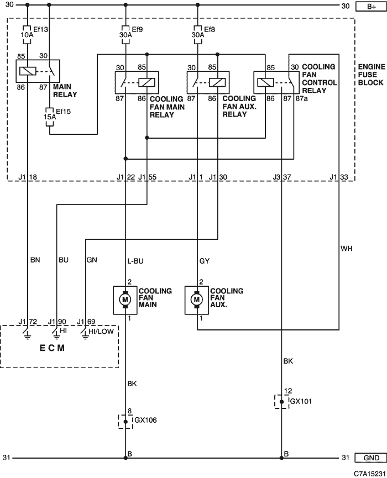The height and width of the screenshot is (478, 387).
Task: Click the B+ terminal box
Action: coord(371,7)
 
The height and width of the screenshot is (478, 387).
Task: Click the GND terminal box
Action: coord(371,458)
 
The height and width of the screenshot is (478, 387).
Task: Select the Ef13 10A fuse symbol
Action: coord(28,35)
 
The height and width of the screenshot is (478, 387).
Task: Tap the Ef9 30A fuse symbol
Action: coord(125,35)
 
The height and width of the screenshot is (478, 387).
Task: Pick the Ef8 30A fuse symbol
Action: coord(197,35)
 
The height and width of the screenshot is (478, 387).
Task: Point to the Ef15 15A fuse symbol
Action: coord(50,117)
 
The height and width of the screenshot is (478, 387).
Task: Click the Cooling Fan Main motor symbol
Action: coord(125,300)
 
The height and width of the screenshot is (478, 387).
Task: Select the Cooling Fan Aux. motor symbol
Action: coord(197,300)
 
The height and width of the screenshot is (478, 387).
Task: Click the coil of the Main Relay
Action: coord(28,71)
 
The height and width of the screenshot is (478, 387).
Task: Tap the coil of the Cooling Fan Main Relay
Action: coord(147,82)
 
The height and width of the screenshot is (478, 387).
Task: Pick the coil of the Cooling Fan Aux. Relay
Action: coord(217,82)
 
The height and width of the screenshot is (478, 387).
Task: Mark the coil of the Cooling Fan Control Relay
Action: coord(265,82)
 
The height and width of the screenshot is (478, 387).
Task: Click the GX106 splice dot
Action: coord(125,422)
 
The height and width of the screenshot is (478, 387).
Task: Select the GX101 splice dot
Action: coord(281,402)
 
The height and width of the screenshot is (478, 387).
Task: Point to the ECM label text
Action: coord(52,348)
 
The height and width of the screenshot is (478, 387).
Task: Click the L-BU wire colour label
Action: coord(135,261)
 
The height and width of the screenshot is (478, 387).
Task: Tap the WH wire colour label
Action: coord(347,249)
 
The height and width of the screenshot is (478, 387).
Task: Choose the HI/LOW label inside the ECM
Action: coord(101,332)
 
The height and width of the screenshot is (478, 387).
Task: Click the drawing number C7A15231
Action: coord(370,474)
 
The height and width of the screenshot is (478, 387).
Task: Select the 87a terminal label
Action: coord(302,99)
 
